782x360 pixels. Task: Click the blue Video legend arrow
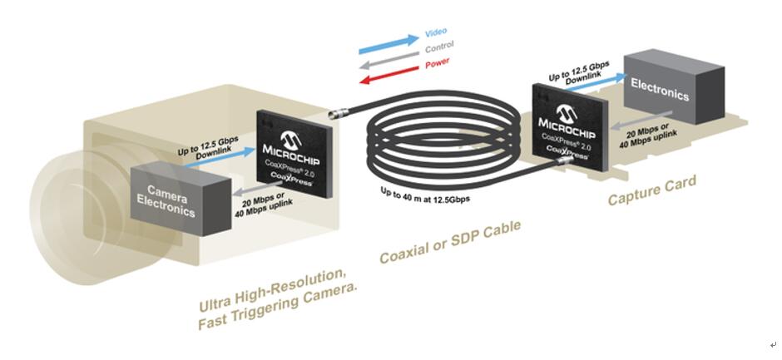click(x=389, y=44)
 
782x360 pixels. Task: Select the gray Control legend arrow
click(x=389, y=60)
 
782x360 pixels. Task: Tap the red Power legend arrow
click(x=389, y=74)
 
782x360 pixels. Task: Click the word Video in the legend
click(x=436, y=33)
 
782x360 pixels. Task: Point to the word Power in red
click(x=438, y=63)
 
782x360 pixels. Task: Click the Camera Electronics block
click(x=181, y=199)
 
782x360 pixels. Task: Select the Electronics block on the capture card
click(x=674, y=86)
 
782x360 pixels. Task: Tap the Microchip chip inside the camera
click(x=294, y=154)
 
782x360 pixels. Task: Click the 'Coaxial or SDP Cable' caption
click(x=450, y=241)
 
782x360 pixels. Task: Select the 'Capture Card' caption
click(x=652, y=190)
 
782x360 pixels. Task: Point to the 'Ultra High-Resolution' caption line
click(x=272, y=289)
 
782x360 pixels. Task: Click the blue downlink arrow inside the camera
click(x=219, y=159)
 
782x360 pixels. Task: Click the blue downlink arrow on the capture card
click(x=596, y=83)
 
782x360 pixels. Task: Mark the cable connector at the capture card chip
click(x=563, y=160)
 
